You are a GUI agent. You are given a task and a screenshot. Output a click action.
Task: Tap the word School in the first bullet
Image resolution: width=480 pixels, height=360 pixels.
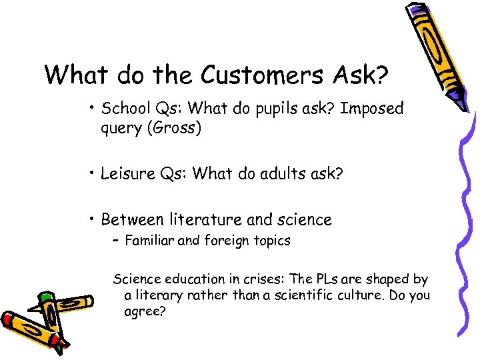click(125, 109)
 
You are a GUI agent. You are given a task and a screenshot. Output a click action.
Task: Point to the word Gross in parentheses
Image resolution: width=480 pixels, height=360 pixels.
click(175, 128)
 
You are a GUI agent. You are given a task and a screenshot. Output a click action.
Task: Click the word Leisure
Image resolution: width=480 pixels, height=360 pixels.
click(127, 174)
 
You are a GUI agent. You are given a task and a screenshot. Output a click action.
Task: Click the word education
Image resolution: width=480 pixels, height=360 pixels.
click(189, 279)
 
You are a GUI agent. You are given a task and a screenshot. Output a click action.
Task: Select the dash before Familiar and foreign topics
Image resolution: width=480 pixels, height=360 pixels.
click(116, 241)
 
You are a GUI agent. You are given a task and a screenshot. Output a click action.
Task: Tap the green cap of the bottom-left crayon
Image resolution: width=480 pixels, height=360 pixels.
click(45, 299)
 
